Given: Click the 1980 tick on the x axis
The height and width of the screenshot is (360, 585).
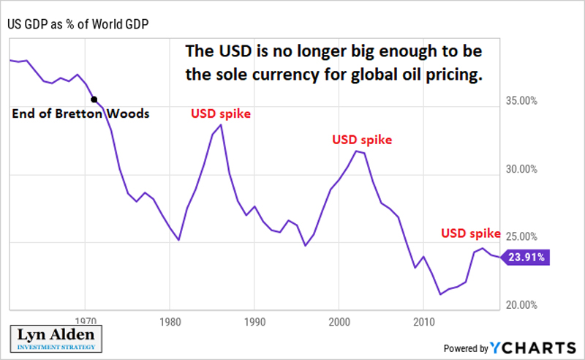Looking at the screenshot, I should point(170,320).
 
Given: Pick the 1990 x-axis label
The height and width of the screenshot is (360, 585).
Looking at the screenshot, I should point(254,320).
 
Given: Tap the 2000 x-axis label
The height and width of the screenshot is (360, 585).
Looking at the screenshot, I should point(339,320).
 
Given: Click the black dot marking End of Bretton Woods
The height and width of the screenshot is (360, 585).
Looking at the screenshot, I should point(94,99).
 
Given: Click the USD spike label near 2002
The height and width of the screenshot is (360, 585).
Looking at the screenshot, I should point(362,139).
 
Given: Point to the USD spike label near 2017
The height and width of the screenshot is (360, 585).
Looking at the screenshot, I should point(470,233).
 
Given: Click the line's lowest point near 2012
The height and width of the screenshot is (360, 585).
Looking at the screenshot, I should point(440,294).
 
